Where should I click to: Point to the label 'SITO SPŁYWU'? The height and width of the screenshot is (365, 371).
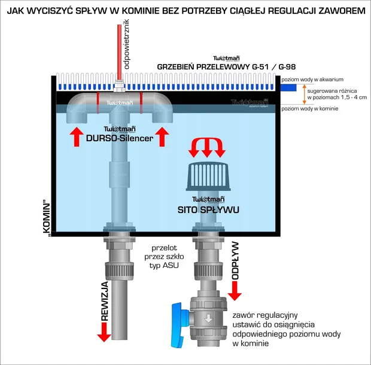208,210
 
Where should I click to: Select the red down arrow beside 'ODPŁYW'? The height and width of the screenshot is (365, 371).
234,291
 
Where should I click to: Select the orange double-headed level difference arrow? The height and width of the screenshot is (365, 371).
303,94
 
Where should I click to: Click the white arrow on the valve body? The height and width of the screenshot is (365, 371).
207,318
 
